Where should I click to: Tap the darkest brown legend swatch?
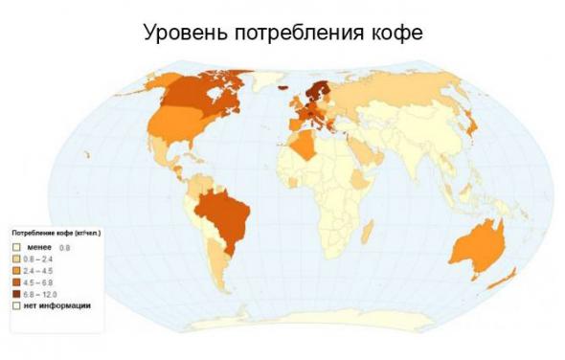(16, 294)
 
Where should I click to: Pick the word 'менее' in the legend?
(38, 247)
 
